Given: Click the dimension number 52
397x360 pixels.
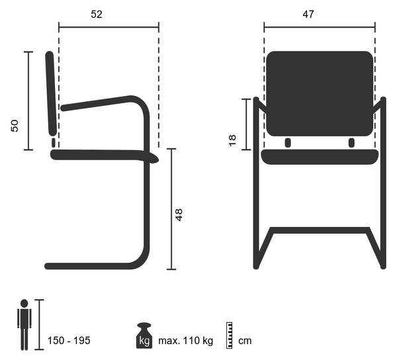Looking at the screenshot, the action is (x=97, y=14).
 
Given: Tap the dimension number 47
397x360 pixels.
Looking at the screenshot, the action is (x=308, y=14).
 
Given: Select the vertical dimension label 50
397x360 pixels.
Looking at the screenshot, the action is (x=15, y=126).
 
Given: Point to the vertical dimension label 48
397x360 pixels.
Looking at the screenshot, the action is (x=179, y=215).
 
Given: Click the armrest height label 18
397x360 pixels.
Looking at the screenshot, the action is (x=232, y=140).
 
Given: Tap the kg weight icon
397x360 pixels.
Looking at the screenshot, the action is (x=144, y=336).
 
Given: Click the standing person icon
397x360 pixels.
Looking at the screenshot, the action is (x=24, y=325).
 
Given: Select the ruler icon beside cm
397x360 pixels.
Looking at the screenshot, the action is (x=229, y=336).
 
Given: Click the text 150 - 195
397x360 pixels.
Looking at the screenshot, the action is (x=69, y=341).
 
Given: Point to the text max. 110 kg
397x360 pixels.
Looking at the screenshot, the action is (x=185, y=341).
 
